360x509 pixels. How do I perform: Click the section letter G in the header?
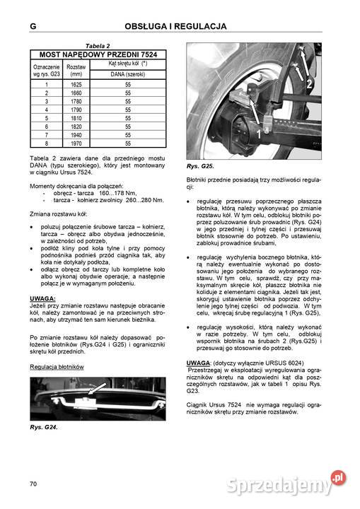click(x=33, y=27)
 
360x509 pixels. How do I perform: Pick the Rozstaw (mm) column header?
click(x=76, y=69)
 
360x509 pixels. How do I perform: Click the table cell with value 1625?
click(x=76, y=84)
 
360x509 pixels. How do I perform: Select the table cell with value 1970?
click(x=76, y=144)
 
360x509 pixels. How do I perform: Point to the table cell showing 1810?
click(x=76, y=118)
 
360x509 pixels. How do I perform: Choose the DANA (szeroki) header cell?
click(x=128, y=74)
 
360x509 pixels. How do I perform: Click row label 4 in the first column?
click(x=47, y=110)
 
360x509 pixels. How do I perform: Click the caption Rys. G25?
click(x=200, y=166)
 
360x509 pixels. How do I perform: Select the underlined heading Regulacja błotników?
click(x=57, y=367)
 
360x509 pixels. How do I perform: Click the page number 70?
click(x=33, y=483)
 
